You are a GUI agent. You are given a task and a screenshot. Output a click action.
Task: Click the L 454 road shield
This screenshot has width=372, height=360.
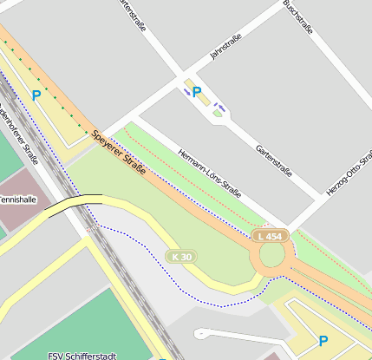tap(270, 236)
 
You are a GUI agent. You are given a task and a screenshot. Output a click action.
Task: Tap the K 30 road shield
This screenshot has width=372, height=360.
tap(180, 257)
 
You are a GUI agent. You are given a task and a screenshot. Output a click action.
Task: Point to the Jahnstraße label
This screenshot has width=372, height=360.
tap(225, 47)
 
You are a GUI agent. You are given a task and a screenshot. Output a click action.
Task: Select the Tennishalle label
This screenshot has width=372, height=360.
tap(17, 200)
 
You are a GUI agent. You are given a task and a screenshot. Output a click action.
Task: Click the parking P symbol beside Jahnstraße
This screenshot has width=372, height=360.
tap(197, 91)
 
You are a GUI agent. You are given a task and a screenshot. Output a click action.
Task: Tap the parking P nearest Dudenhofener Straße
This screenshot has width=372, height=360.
tap(36, 95)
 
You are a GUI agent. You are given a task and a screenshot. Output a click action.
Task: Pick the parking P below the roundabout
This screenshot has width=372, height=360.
tap(323, 341)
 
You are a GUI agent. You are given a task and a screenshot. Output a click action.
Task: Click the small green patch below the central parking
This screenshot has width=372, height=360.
tap(218, 114)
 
